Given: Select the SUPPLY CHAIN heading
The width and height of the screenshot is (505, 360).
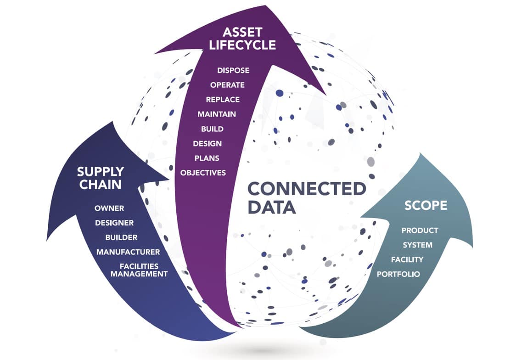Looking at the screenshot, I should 100,178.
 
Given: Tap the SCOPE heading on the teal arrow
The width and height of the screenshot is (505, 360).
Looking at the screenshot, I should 426,205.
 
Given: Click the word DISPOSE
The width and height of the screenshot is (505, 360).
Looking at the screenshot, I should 233,70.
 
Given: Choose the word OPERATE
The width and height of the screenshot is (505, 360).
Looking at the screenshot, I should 227,85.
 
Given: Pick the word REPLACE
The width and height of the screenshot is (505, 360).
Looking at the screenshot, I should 223,100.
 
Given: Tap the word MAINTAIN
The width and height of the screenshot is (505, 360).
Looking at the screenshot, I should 217,114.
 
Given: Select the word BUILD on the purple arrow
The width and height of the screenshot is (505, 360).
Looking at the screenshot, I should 212,129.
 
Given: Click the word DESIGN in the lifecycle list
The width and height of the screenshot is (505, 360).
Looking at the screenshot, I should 207,144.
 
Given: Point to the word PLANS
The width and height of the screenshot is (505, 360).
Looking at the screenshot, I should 207,158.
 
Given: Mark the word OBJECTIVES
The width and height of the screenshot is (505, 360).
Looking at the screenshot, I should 203,173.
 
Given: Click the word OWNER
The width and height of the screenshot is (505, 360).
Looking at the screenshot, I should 109,208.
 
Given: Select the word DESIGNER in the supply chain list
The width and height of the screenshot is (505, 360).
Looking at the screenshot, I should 114,223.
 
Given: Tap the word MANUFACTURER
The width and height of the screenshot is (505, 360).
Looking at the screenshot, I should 128,252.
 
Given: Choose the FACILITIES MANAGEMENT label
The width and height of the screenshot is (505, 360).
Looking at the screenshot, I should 139,270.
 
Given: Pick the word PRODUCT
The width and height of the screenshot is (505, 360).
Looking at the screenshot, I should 420,230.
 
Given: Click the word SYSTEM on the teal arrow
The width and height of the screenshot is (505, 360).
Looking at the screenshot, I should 417,245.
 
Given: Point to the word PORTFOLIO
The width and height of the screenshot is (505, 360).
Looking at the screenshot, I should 398,274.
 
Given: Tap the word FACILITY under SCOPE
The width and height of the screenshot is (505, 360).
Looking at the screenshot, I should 407,259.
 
